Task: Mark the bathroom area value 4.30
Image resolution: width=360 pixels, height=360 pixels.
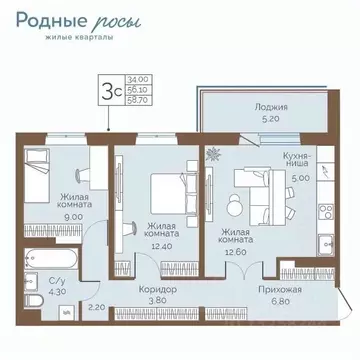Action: tap(33, 291)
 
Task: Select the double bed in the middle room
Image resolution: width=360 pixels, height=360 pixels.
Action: tap(163, 189)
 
